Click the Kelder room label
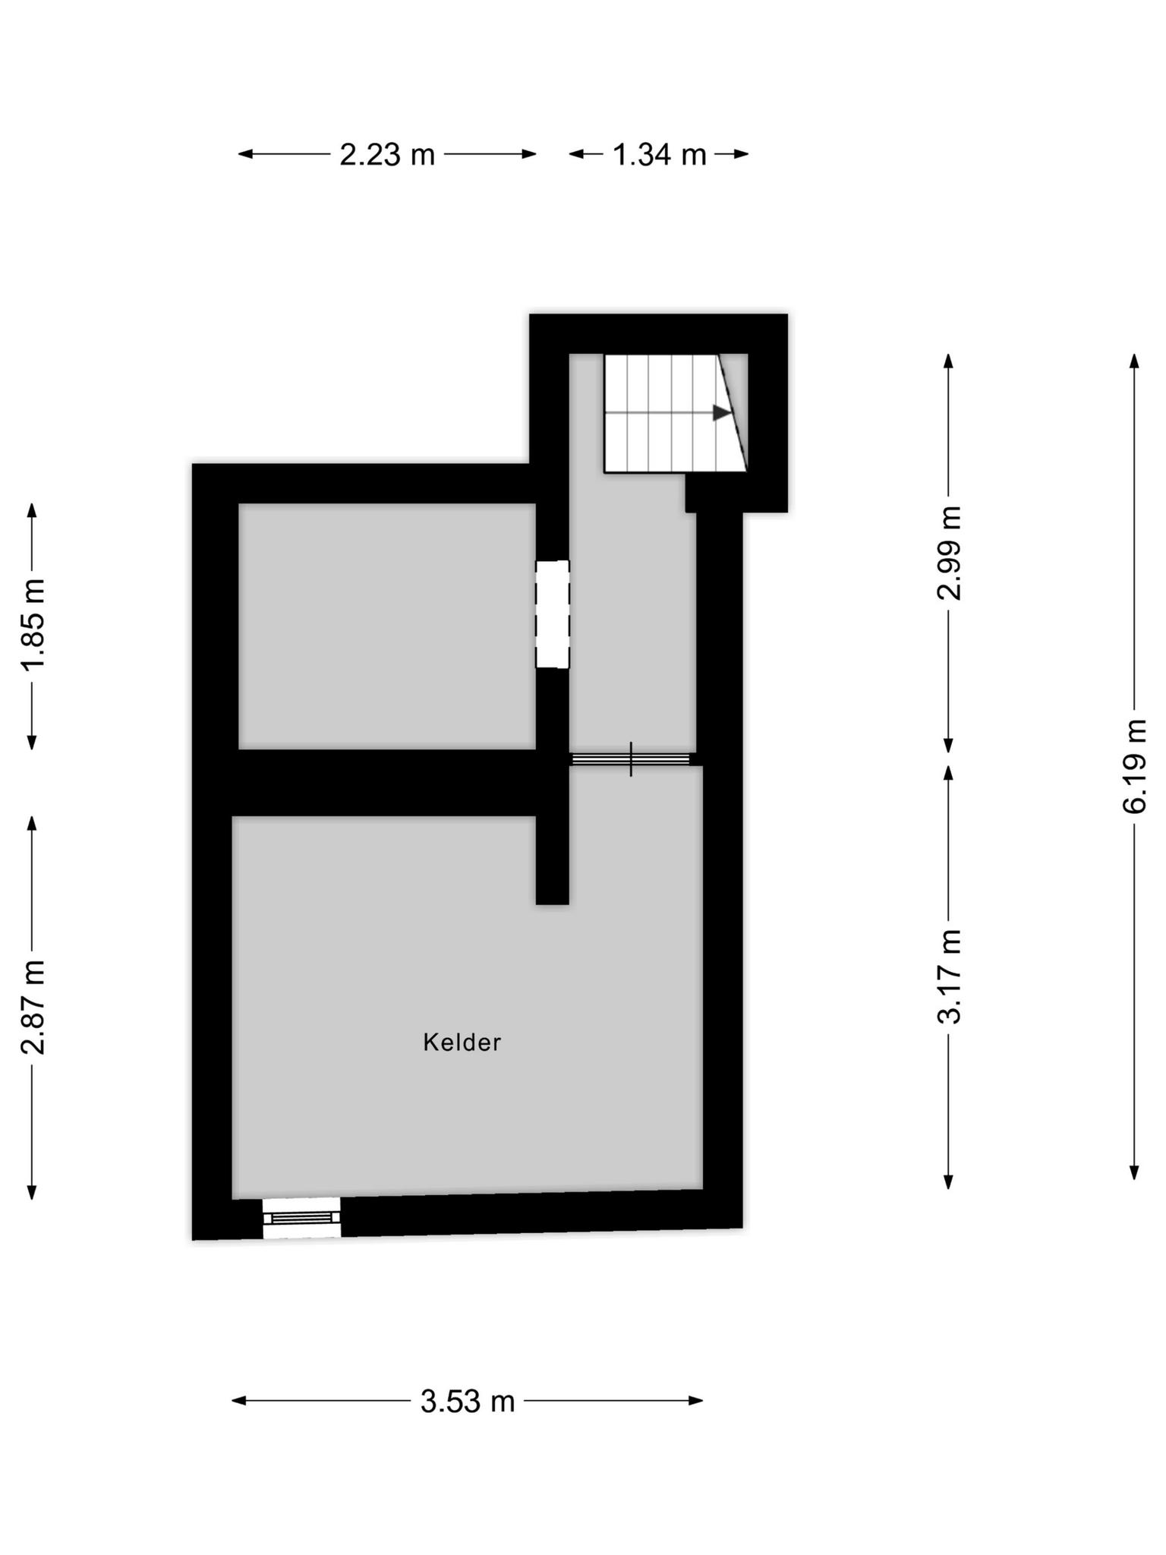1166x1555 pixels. point(462,1042)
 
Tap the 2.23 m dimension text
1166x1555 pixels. point(387,155)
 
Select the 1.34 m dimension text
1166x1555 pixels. point(659,155)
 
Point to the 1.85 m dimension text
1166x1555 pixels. point(34,623)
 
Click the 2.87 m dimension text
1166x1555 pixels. point(34,1007)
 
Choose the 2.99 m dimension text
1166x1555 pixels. point(950,553)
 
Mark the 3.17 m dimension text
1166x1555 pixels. point(950,976)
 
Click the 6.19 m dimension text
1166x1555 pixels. point(1135,766)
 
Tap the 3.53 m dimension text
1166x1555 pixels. point(468,1401)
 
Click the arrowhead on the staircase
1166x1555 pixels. point(722,413)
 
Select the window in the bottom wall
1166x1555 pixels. point(301,1217)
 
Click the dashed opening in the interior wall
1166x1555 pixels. point(552,614)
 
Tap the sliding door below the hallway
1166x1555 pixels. point(631,759)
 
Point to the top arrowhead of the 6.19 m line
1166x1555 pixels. point(1135,361)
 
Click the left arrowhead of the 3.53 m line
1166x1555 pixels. point(239,1400)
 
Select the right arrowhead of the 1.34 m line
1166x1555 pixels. point(741,154)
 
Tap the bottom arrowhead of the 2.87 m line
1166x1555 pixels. point(32,1192)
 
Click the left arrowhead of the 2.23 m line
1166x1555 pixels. point(246,154)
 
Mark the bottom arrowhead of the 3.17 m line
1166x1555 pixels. point(948,1181)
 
